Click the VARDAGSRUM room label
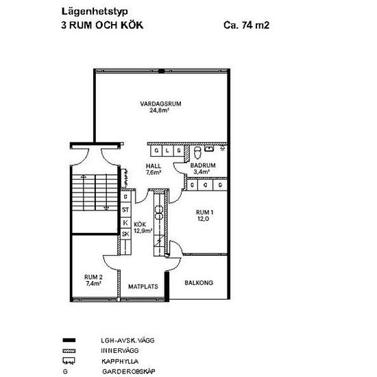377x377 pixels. coord(160,104)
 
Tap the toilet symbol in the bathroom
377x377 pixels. coord(197,152)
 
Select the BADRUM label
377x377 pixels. coord(203,165)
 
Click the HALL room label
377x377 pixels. coord(154,166)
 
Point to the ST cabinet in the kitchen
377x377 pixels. coord(125,210)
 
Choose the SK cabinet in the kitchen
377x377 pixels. coord(125,234)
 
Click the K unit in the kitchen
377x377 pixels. coord(125,222)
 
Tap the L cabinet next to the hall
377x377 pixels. coord(167,151)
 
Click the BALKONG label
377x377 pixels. coord(199,282)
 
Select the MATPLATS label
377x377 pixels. coord(143,287)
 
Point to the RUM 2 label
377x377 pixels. coord(93,277)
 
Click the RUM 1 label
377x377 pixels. coord(205,212)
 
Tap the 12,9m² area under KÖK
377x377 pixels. coord(143,231)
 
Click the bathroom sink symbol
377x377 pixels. coord(209,148)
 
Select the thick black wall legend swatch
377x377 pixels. coord(69,340)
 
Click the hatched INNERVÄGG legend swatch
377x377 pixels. coord(69,351)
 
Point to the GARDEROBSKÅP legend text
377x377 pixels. coord(129,372)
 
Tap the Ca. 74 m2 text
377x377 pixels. coord(247,25)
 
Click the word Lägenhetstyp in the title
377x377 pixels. coord(95,12)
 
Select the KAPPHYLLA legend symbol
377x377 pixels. coord(69,361)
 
